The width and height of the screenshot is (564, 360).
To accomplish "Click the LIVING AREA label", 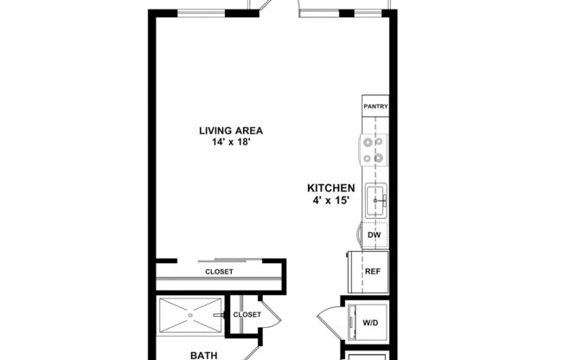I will click(230, 132).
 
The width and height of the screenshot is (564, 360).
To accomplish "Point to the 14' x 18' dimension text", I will click(230, 144).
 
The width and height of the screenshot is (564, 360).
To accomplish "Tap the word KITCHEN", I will click(331, 188).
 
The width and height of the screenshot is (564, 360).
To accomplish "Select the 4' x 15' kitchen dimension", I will click(331, 201).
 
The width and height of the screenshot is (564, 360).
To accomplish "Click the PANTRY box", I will click(375, 107).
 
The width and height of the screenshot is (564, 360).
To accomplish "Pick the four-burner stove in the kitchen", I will click(374, 150).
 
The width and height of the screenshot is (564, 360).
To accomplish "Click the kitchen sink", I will click(375, 202).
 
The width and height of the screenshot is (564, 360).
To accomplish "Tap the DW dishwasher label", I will click(374, 235).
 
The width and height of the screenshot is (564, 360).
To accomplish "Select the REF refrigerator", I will click(373, 271).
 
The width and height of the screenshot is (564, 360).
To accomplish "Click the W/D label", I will click(370, 323).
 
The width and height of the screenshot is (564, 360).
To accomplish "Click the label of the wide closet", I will click(219, 272).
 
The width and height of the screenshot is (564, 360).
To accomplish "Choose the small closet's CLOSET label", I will click(247, 315).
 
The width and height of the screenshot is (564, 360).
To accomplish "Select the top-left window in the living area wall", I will click(202, 13).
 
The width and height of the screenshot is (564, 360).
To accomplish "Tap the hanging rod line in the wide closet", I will click(219, 281).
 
